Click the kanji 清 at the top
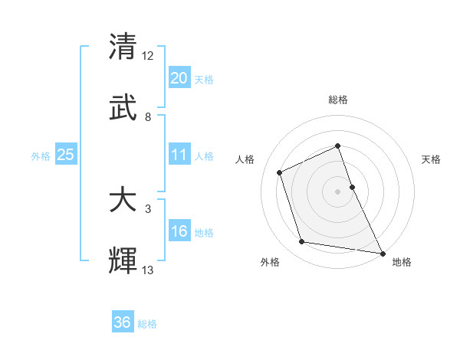(123, 47)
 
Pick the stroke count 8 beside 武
(148, 116)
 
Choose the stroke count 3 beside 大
(148, 208)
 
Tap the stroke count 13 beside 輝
(148, 270)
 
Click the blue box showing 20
(179, 78)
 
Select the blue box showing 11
(179, 155)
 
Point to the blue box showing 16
(179, 231)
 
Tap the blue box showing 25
(65, 155)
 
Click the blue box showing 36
(123, 322)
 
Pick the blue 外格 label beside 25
(41, 155)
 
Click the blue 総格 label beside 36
(147, 324)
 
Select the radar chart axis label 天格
(431, 159)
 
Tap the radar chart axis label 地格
(402, 262)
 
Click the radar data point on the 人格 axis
(281, 172)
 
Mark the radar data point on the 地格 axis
(382, 252)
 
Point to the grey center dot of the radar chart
(338, 191)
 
